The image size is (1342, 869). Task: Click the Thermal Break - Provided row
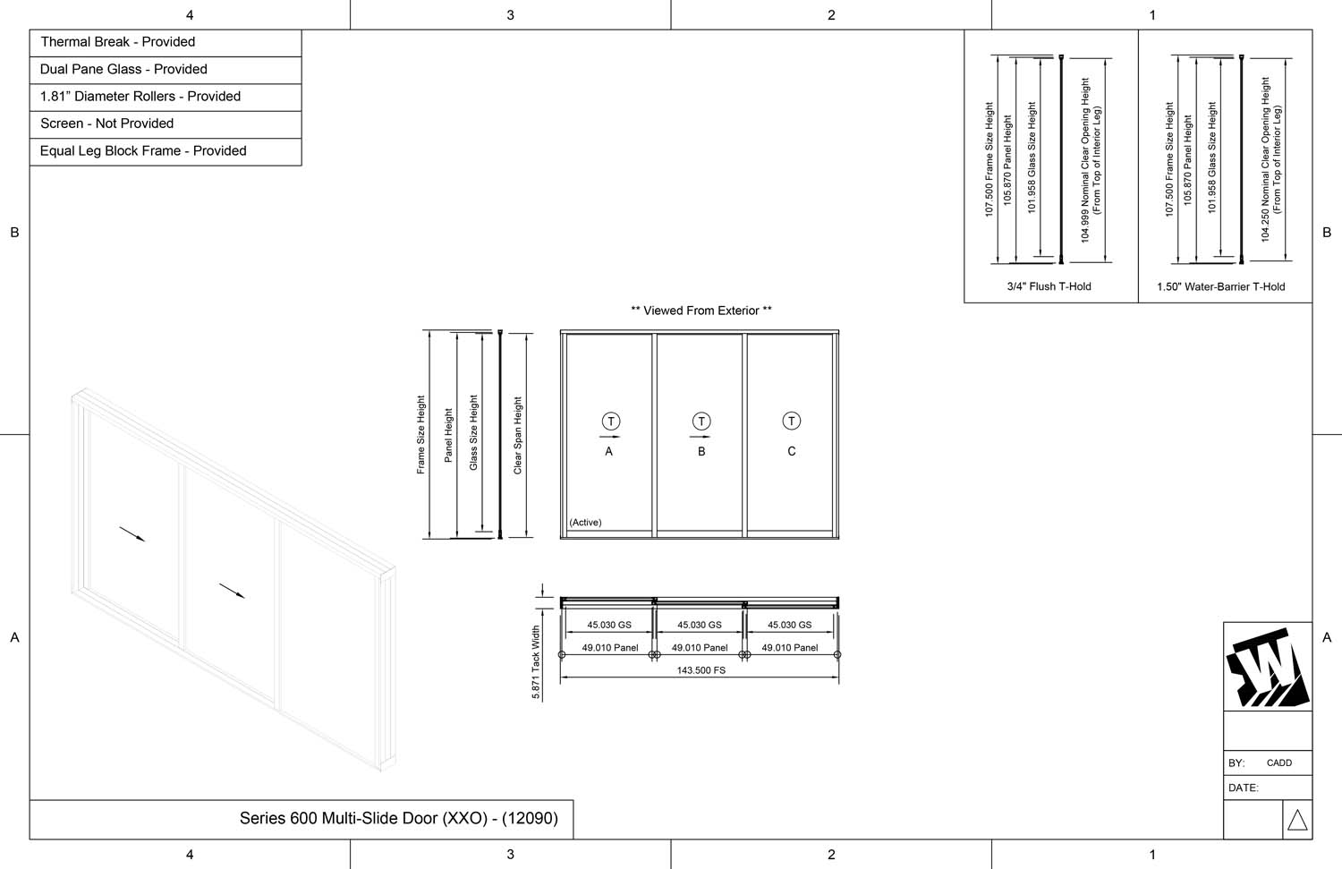tap(117, 42)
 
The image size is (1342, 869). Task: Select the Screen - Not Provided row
tap(106, 124)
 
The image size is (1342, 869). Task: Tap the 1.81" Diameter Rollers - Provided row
tap(140, 97)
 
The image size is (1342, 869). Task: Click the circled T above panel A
tap(611, 422)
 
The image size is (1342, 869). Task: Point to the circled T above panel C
tap(792, 421)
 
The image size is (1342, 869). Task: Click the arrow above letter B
tap(701, 437)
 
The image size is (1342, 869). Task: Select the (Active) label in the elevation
tap(585, 523)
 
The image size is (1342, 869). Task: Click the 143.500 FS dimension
tap(701, 670)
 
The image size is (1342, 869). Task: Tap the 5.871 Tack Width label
tap(536, 662)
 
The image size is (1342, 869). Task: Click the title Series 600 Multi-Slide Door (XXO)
tap(398, 818)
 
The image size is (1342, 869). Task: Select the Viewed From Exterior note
tap(701, 311)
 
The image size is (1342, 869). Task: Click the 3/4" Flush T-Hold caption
tap(1049, 287)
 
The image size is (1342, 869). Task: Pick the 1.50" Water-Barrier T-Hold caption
tap(1220, 287)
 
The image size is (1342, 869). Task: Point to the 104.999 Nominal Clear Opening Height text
tap(1086, 160)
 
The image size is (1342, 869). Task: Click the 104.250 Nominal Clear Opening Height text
tap(1266, 159)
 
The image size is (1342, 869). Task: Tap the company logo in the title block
tap(1267, 667)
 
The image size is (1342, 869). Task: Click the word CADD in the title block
tap(1279, 763)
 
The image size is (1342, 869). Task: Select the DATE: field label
tap(1244, 788)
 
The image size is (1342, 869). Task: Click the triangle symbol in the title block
tap(1297, 819)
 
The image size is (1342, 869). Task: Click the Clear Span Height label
tap(518, 436)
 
